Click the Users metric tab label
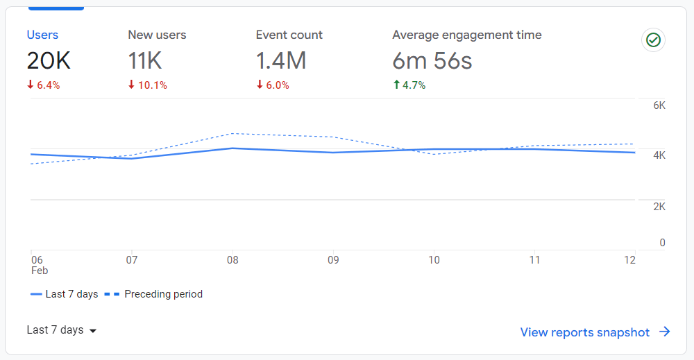[x=42, y=35]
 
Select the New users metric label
[x=157, y=35]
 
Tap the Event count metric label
[x=289, y=35]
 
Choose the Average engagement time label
[x=466, y=35]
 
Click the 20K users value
[x=49, y=61]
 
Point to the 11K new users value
[x=145, y=61]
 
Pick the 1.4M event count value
[x=281, y=61]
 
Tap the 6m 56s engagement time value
[x=432, y=61]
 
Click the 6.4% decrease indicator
[x=43, y=85]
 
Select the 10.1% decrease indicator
[x=147, y=85]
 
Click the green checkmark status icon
[x=653, y=40]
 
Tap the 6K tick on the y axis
[x=659, y=105]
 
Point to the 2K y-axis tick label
[x=659, y=207]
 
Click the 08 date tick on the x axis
[x=232, y=260]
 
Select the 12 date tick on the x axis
[x=629, y=260]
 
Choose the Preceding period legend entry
[x=153, y=294]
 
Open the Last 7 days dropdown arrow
[x=93, y=331]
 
